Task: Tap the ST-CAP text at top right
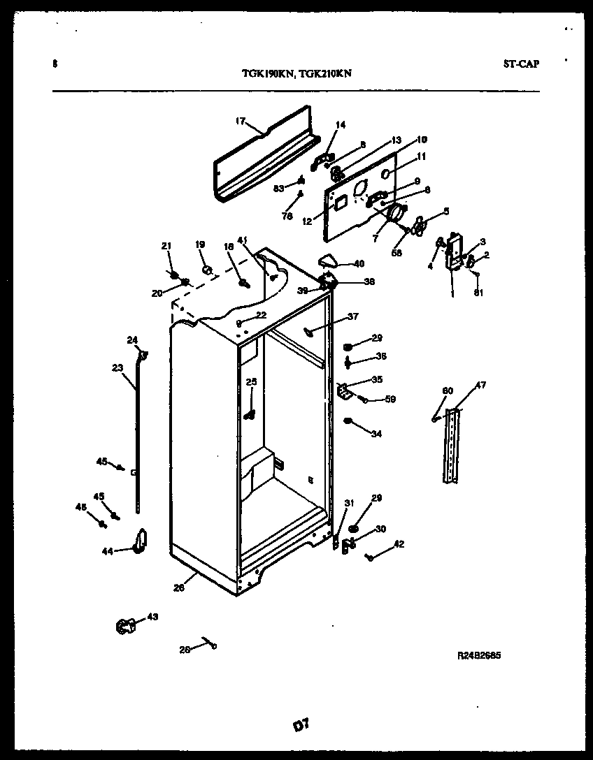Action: [521, 64]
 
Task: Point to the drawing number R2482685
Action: [479, 656]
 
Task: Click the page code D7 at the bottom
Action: [301, 725]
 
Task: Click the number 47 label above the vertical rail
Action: [481, 385]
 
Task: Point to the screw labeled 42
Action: [370, 556]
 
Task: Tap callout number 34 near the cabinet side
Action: [376, 434]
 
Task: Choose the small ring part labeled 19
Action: [206, 268]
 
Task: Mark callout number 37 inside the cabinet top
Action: [352, 316]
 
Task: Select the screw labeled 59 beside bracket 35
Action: [364, 399]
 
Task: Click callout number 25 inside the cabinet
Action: [251, 381]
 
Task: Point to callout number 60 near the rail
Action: [448, 390]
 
